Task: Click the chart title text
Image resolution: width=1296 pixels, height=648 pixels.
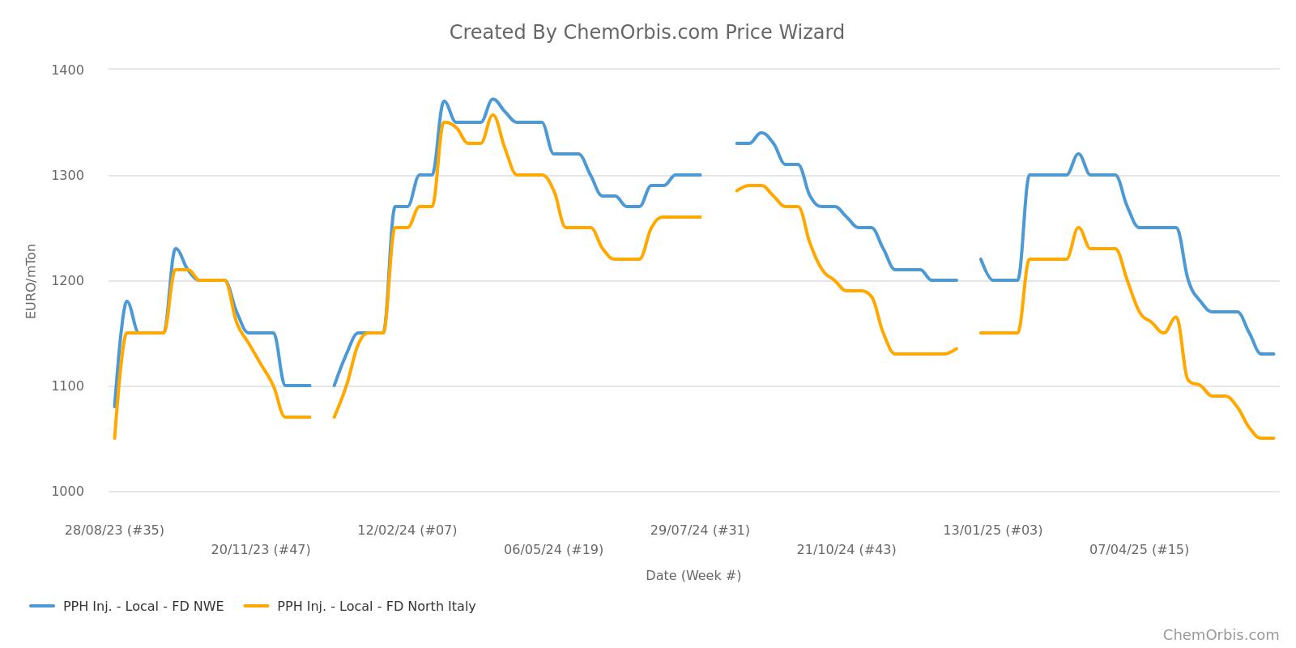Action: coord(646,32)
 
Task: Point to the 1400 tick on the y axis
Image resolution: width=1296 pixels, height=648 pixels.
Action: coord(67,70)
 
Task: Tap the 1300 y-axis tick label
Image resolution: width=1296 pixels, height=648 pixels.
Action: coord(67,175)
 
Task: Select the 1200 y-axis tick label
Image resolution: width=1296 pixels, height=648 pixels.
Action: coord(67,280)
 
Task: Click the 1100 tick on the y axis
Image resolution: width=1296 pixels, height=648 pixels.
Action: coord(67,386)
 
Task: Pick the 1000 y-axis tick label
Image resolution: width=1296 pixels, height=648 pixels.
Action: coord(67,492)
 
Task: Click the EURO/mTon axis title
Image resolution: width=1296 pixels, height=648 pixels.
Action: coord(32,281)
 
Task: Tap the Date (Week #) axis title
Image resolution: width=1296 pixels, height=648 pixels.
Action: coord(693,576)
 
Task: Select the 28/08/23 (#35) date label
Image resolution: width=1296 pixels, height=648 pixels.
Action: coord(114,531)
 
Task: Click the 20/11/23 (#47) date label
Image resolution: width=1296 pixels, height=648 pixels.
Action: coord(261,550)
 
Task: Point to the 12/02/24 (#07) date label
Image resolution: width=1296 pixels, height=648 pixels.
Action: coord(407,531)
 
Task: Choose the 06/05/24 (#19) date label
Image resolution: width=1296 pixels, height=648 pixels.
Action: coord(553,550)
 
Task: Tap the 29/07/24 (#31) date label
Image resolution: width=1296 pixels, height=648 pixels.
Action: coord(700,531)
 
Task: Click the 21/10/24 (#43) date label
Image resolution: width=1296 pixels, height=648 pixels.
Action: coord(846,550)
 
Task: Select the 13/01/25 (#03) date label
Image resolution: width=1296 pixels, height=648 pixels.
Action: coord(992,531)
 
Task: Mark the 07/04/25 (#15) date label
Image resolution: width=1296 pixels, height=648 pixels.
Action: coord(1139,550)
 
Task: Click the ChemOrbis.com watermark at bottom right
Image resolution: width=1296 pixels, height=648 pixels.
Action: coord(1221,635)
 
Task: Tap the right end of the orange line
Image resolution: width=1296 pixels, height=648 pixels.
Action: coord(1273,438)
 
